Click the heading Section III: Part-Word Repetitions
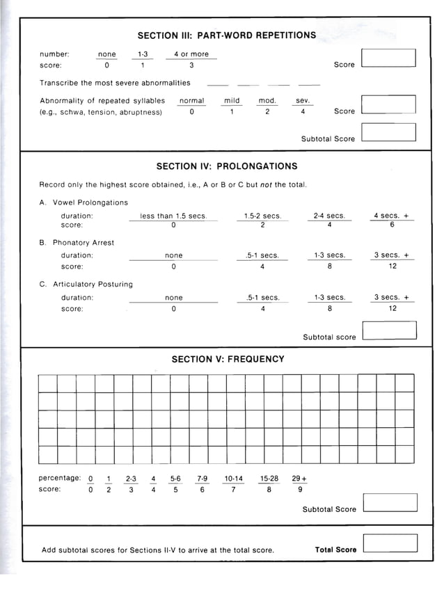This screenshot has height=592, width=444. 226,35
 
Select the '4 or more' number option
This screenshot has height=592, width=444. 191,54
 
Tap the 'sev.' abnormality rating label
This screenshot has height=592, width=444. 303,101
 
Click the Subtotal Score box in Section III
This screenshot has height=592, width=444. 389,132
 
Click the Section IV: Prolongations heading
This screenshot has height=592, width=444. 226,166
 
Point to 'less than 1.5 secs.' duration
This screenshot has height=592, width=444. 173,216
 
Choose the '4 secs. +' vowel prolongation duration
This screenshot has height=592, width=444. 392,216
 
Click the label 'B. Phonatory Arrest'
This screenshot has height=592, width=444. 77,243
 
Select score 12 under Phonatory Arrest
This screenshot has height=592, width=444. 393,266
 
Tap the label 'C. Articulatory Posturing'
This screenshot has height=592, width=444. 86,284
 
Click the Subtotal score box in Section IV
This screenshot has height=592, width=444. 390,330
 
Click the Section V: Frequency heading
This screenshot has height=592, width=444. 228,359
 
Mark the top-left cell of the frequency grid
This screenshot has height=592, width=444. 47,383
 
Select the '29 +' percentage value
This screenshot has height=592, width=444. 299,479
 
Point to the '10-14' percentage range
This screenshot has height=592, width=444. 233,479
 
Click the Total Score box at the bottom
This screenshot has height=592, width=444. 390,543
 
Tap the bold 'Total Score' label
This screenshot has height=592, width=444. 335,550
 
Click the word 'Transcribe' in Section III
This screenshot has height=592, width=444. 58,83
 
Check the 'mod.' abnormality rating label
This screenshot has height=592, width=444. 267,101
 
